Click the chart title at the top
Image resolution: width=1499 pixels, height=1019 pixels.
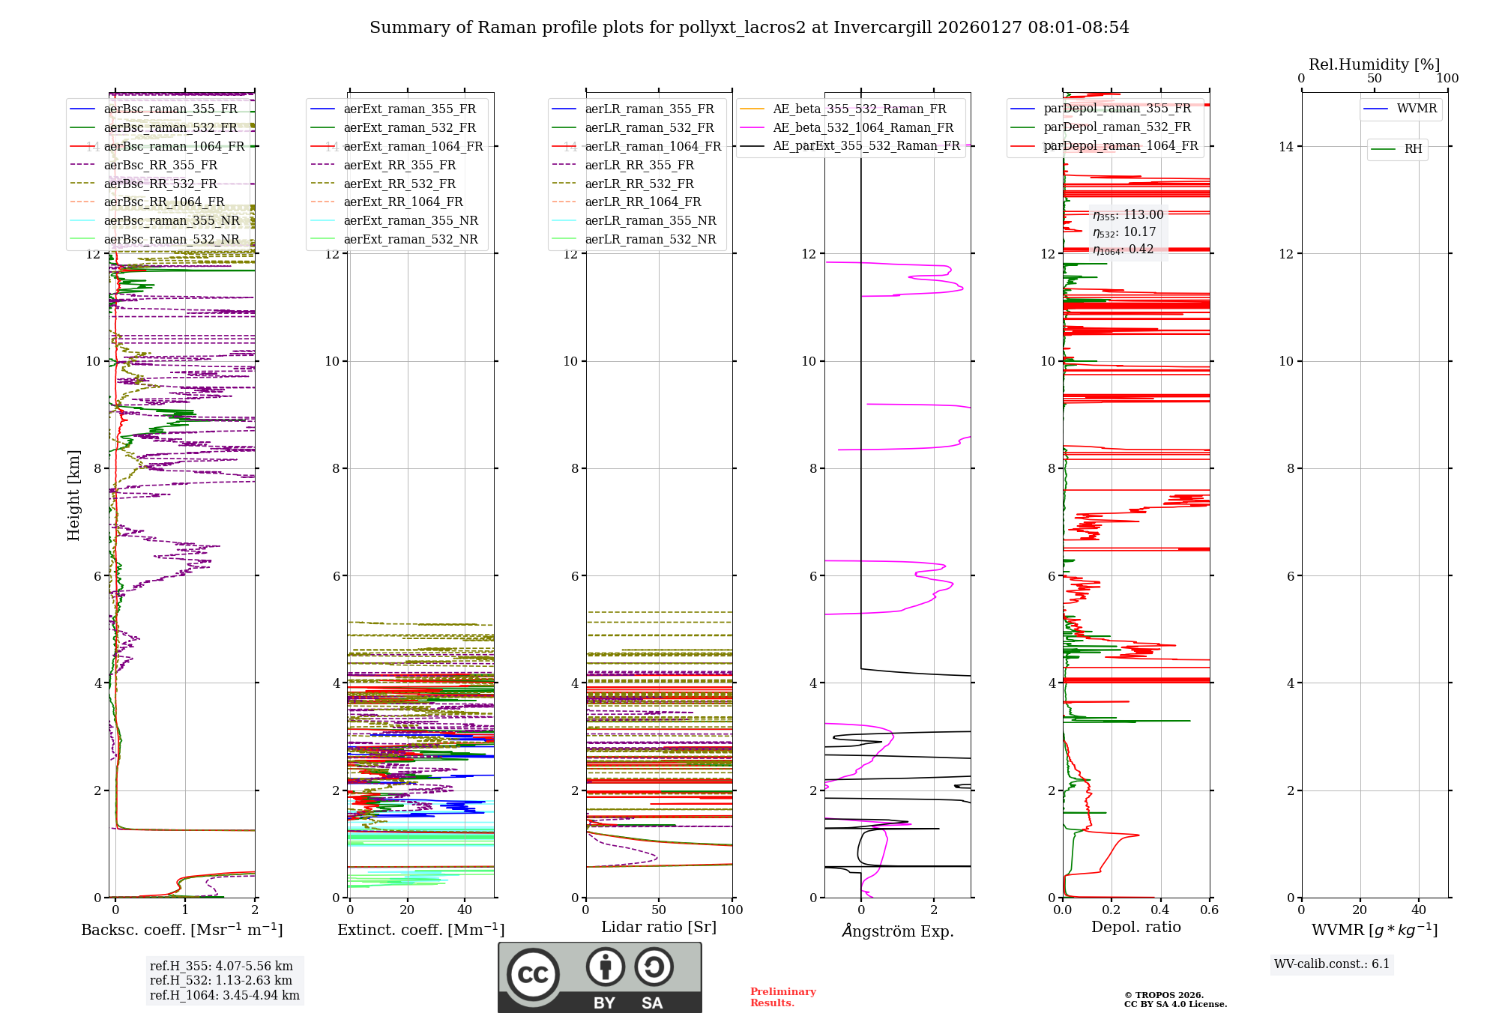[749, 28]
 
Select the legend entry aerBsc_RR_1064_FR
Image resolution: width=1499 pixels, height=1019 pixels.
[163, 202]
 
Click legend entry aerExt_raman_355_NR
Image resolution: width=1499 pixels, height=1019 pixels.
[410, 221]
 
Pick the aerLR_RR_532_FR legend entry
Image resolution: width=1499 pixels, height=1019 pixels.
[639, 184]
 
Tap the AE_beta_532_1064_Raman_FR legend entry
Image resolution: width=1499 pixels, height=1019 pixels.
[863, 128]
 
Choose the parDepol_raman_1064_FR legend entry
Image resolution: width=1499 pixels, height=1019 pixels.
[1121, 146]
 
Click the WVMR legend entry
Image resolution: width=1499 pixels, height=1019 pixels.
[1417, 109]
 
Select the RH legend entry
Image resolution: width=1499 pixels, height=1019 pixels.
[1413, 149]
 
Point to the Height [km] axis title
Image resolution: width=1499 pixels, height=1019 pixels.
[73, 495]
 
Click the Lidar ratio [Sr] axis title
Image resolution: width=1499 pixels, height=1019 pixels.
[659, 927]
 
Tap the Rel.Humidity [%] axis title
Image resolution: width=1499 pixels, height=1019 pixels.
[1374, 64]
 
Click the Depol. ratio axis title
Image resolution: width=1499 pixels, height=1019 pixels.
[1135, 927]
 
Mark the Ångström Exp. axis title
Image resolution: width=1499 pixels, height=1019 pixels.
[898, 931]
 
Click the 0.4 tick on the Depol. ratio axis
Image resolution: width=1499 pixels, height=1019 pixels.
[1160, 910]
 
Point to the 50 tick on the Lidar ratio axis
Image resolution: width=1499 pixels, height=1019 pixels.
[659, 910]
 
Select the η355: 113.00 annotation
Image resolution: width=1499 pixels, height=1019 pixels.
[1128, 215]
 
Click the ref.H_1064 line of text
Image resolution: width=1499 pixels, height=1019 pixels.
[224, 996]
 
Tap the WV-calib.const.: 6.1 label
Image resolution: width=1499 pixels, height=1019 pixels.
[1332, 964]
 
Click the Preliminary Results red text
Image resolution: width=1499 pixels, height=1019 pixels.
[782, 997]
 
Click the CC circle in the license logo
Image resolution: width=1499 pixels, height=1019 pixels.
[533, 975]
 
